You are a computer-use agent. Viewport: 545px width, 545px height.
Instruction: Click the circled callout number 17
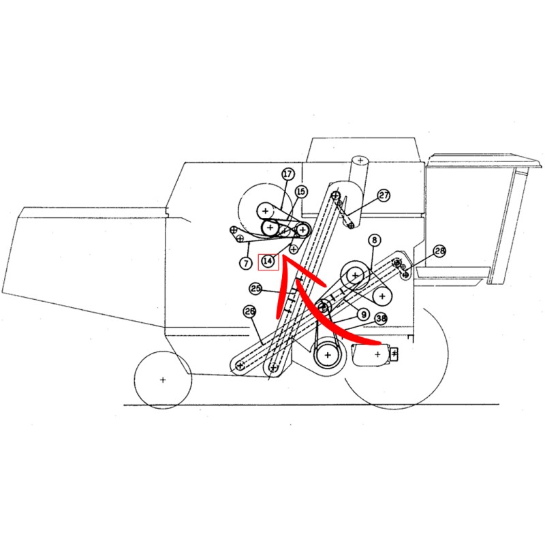tap(287, 174)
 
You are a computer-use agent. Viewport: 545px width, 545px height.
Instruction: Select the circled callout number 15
tap(301, 191)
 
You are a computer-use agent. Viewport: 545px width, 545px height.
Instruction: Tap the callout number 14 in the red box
tap(268, 262)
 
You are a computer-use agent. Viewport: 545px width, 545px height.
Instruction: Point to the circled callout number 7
tap(246, 263)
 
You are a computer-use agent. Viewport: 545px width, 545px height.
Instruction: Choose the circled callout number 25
tap(255, 288)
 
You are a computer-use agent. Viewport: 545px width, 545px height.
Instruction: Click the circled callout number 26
tap(250, 312)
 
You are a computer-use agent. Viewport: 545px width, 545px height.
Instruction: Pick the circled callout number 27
tap(384, 196)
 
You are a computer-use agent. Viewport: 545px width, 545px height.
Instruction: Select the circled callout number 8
tap(374, 240)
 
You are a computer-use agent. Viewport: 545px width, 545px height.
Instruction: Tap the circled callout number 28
tap(439, 251)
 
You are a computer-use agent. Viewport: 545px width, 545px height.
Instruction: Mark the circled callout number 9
tap(364, 315)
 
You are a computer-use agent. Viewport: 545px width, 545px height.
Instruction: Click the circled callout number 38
tap(381, 318)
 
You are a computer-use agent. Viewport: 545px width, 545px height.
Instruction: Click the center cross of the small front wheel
tap(163, 380)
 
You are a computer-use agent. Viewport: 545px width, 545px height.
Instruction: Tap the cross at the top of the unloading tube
tap(360, 161)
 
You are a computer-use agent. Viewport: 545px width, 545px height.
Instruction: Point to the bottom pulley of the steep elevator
tap(273, 367)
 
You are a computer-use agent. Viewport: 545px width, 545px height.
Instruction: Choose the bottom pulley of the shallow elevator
tap(240, 365)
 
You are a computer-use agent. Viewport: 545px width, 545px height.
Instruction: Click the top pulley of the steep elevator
tap(335, 195)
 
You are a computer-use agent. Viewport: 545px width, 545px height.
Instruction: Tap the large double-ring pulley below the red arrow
tap(328, 355)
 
